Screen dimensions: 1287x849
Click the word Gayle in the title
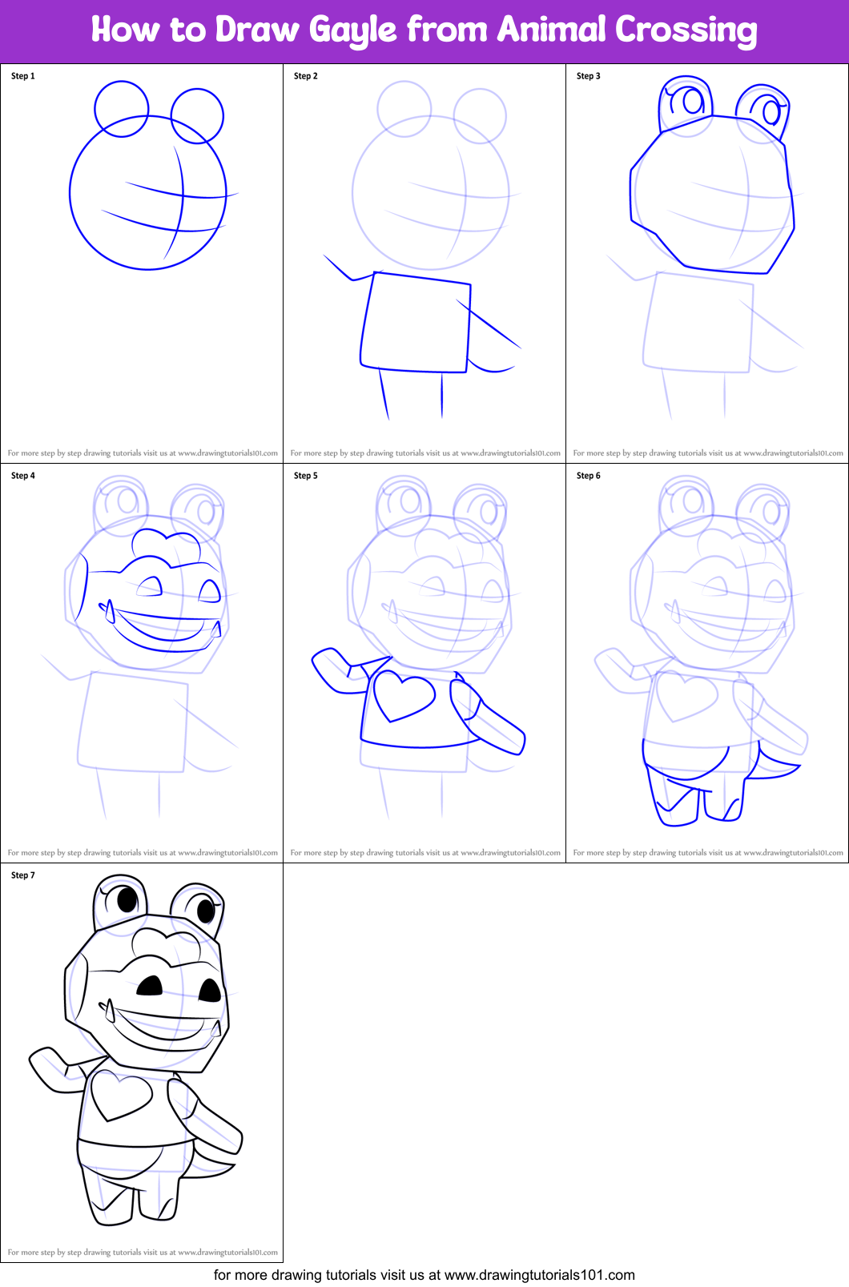click(x=352, y=30)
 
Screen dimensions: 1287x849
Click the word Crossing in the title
click(x=686, y=30)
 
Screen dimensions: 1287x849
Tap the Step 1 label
click(x=23, y=76)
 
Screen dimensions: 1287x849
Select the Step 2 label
click(x=305, y=76)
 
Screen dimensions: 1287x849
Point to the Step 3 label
click(x=588, y=76)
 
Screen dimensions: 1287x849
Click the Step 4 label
click(x=23, y=476)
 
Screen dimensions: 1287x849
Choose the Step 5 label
click(x=305, y=476)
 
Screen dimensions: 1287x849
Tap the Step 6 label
click(x=588, y=476)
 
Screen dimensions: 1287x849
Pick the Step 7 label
click(x=23, y=875)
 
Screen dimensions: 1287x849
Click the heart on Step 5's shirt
click(x=404, y=694)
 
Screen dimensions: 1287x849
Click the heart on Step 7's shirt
click(x=120, y=1094)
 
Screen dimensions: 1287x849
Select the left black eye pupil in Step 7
click(x=127, y=900)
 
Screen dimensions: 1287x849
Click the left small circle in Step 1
click(x=122, y=108)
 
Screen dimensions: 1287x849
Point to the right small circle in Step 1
click(x=197, y=115)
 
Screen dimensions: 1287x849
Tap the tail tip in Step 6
click(x=795, y=768)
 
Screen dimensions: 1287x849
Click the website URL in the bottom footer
click(x=539, y=1275)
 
